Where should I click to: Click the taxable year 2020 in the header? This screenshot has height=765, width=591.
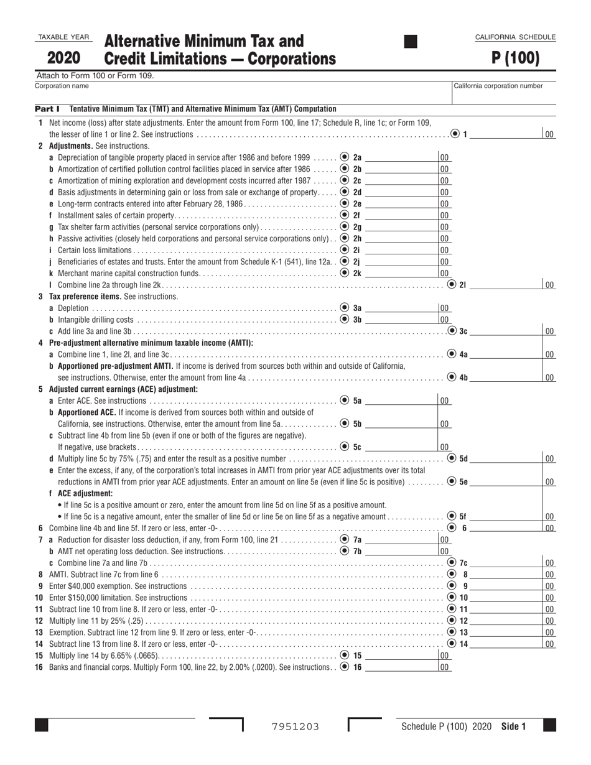tap(63, 58)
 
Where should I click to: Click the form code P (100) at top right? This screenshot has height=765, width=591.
tap(515, 58)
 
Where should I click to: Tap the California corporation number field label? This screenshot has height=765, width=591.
tap(498, 86)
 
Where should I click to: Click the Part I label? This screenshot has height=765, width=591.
tap(47, 109)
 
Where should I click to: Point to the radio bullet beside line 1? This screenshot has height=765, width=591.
tap(455, 134)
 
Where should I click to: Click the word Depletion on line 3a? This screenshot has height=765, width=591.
tap(73, 308)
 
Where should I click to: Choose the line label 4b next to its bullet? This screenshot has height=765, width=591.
tap(463, 378)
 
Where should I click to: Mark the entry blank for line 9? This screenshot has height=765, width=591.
tap(505, 586)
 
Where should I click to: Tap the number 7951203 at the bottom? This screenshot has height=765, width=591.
tap(295, 726)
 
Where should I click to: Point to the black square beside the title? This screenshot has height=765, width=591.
tap(411, 42)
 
